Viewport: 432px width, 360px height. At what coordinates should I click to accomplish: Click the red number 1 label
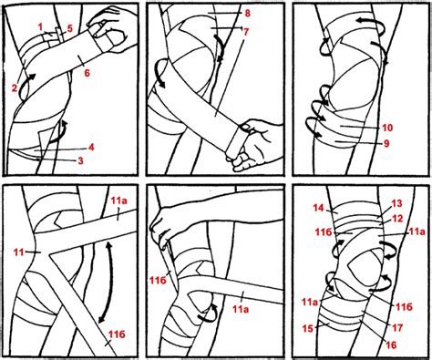click(x=40, y=27)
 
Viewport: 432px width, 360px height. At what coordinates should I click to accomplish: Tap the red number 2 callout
click(x=15, y=88)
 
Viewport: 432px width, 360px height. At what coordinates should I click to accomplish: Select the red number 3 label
click(x=80, y=160)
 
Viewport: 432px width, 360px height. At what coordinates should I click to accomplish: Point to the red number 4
click(x=91, y=148)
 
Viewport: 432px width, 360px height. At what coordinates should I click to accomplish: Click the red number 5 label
click(x=70, y=29)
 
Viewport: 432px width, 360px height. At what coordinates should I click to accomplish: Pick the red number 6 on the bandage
click(x=87, y=73)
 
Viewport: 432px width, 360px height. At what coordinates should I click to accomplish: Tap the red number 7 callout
click(x=246, y=32)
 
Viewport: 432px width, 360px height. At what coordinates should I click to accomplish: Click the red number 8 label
click(x=247, y=14)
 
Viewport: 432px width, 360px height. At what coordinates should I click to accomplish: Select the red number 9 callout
click(x=386, y=143)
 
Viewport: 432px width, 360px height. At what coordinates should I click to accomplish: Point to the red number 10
click(x=387, y=128)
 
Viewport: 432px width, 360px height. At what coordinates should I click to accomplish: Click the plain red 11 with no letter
click(x=18, y=252)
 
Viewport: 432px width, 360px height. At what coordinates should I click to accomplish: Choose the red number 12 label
click(x=397, y=219)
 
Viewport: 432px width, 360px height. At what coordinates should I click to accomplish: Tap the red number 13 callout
click(x=396, y=203)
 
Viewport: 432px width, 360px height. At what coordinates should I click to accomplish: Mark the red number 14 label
click(x=319, y=208)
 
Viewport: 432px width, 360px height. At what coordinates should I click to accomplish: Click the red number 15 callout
click(x=308, y=328)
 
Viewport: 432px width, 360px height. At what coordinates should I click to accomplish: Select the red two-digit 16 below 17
click(x=391, y=345)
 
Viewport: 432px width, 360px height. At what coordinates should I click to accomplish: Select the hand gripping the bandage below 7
click(x=252, y=141)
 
